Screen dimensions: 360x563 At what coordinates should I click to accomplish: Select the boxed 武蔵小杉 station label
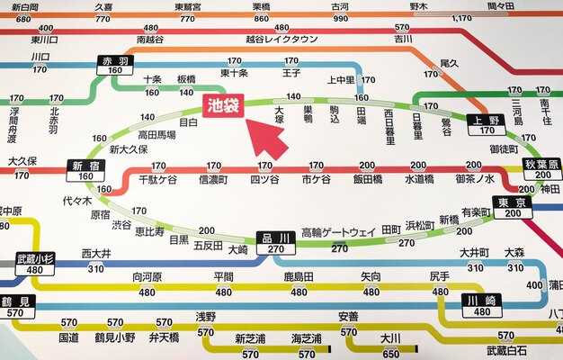click(36, 258)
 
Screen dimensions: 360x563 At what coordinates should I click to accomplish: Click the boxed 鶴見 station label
click(17, 301)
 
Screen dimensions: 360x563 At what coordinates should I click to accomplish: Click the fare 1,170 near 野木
click(462, 18)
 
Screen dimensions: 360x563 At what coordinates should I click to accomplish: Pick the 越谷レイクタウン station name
click(281, 40)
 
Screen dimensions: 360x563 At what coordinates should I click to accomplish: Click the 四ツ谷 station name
click(264, 180)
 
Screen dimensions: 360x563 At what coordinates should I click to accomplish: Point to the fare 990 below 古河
click(340, 18)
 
